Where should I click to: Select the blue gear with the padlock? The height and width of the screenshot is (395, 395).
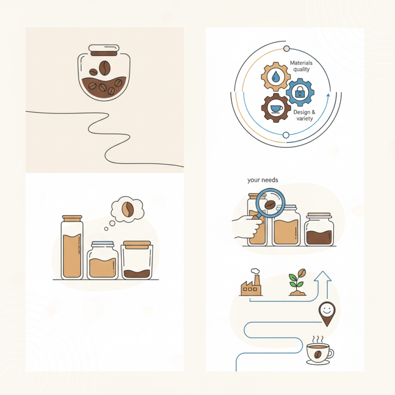pyautogui.click(x=300, y=91)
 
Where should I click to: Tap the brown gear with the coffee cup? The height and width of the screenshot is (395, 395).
pyautogui.click(x=275, y=107)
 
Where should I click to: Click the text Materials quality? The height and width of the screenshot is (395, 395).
pyautogui.click(x=301, y=66)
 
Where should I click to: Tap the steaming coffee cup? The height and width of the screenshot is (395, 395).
pyautogui.click(x=319, y=351)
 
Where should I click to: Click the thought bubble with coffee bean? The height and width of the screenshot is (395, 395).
pyautogui.click(x=127, y=209)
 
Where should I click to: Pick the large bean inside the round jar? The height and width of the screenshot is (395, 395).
pyautogui.click(x=104, y=68)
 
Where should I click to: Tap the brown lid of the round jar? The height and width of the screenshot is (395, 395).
pyautogui.click(x=104, y=50)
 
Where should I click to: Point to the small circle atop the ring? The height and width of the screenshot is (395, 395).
pyautogui.click(x=286, y=48)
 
